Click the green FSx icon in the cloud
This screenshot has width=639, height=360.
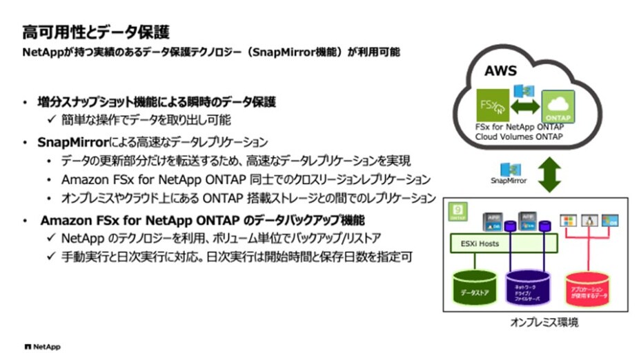pos(494,107)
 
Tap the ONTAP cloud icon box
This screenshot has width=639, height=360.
pos(558,108)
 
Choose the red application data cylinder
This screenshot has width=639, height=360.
pos(589,290)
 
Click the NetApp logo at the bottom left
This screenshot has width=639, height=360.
pos(42,345)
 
